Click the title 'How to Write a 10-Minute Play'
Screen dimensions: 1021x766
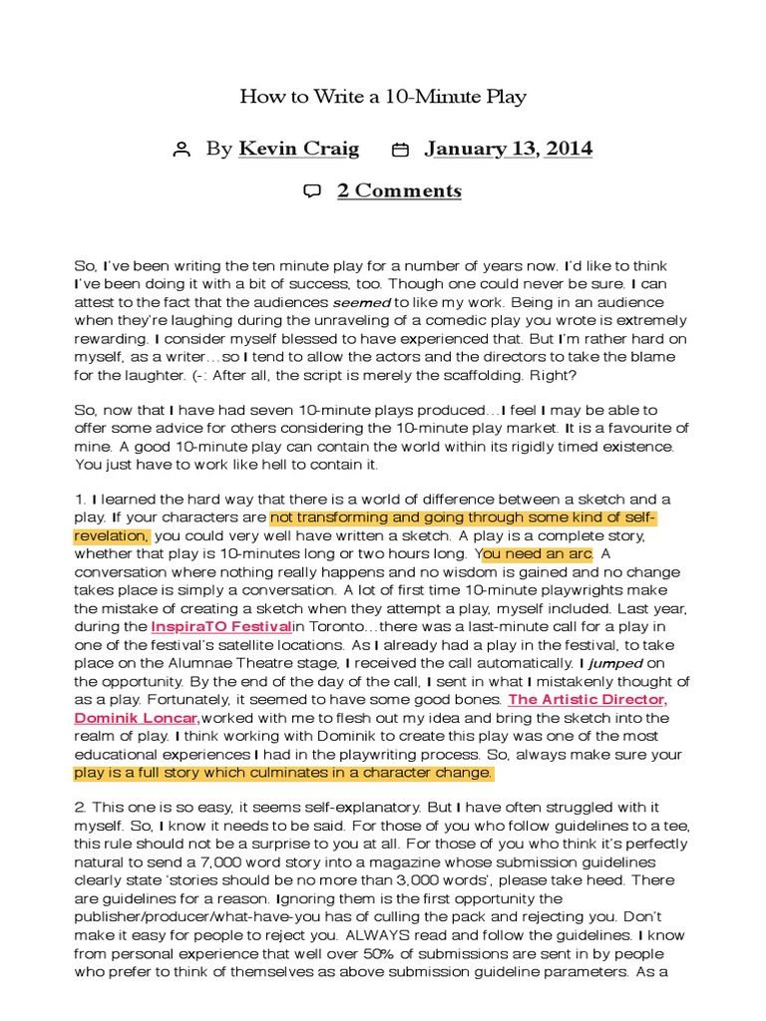tap(383, 97)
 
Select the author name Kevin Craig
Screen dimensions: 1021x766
tap(299, 150)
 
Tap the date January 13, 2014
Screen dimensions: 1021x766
tap(508, 150)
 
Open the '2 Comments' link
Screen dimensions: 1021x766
tap(399, 191)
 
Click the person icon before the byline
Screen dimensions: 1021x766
tap(181, 151)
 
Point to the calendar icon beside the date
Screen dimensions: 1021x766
tap(400, 151)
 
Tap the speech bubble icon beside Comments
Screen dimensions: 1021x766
tap(312, 191)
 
